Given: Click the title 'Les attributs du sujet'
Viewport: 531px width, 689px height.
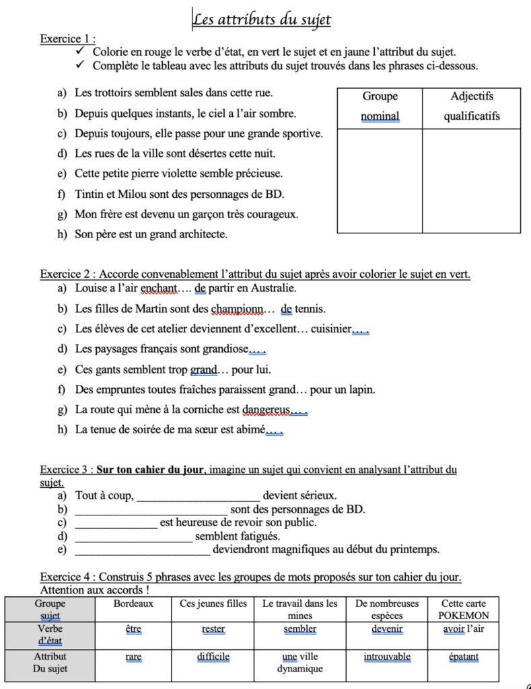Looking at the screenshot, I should [262, 20].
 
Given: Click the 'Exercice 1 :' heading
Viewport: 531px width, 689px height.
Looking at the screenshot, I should [67, 38].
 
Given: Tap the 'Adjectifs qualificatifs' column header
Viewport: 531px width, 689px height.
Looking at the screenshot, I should [471, 106].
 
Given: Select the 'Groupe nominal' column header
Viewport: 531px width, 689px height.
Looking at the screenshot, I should [380, 106].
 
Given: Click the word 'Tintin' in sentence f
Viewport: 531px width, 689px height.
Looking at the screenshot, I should [89, 194].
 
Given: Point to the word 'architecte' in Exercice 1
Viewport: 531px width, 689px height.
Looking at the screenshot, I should [201, 235].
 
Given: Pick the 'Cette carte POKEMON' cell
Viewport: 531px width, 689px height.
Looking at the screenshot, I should [464, 610].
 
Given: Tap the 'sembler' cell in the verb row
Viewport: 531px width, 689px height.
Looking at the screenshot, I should [299, 629].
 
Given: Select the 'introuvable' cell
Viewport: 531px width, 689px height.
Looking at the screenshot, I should [387, 657].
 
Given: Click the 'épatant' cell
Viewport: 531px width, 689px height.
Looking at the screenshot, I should [464, 657].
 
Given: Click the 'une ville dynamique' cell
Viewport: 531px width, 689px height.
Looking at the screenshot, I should [299, 662].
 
